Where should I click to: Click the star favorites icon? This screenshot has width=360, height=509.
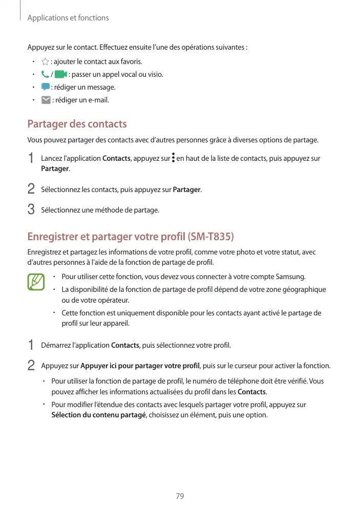(45, 62)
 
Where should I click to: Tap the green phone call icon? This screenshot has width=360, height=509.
(45, 75)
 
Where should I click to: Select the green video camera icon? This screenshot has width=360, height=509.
(60, 75)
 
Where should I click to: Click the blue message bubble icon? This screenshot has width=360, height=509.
(45, 87)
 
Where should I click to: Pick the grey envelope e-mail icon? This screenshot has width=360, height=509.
(46, 100)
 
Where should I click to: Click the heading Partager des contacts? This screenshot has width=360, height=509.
(77, 124)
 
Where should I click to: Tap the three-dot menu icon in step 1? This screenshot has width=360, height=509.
(173, 158)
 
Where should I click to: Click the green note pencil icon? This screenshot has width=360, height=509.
(36, 282)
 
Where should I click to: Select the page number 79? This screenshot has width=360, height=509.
(180, 496)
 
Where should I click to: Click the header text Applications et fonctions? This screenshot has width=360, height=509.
(68, 18)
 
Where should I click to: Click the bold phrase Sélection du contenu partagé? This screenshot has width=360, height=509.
(99, 415)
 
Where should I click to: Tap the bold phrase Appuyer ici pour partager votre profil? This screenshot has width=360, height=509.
(140, 366)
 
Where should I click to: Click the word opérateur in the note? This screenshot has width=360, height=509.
(113, 300)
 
